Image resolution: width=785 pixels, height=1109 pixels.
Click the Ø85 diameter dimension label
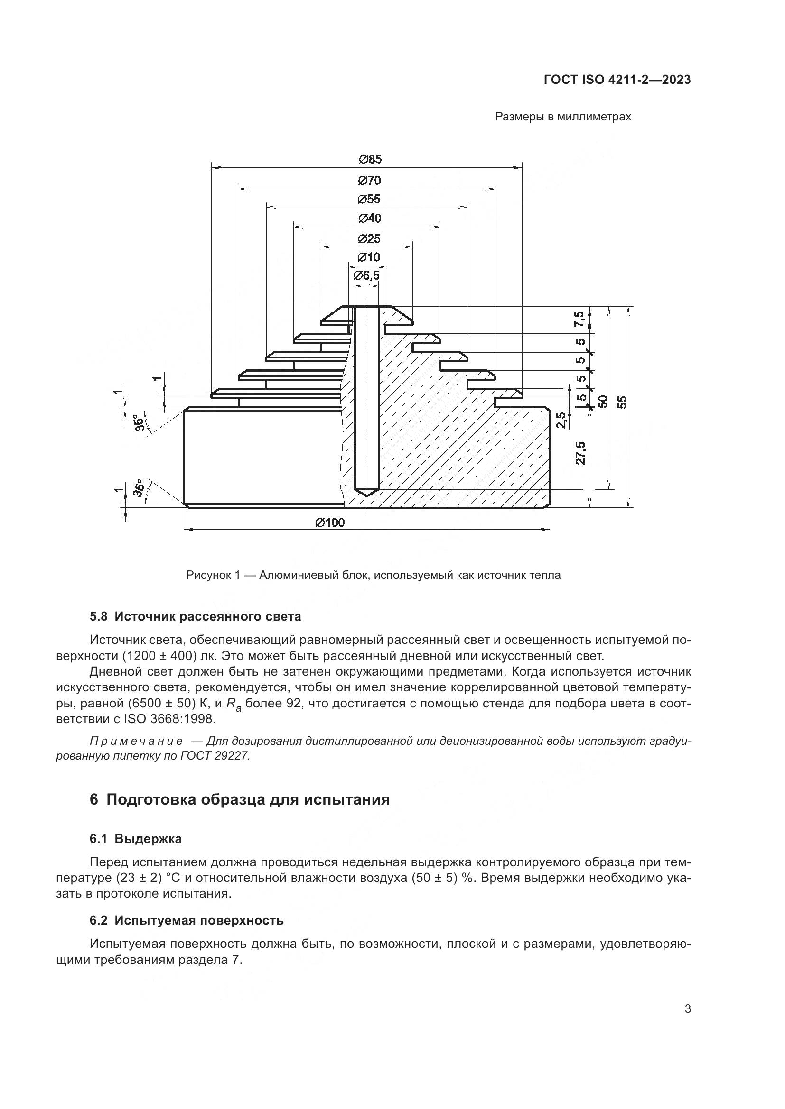(x=370, y=159)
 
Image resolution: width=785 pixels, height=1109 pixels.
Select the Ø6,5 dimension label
(x=366, y=276)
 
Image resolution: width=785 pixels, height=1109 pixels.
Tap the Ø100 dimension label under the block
(x=330, y=522)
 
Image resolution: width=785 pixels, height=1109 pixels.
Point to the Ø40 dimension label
(x=370, y=219)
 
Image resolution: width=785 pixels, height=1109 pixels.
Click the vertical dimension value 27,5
(x=581, y=453)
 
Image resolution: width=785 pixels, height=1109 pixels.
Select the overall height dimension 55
(x=623, y=402)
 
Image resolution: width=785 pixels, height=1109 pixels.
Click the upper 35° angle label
(x=139, y=422)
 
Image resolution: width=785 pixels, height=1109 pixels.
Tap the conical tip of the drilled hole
(x=366, y=493)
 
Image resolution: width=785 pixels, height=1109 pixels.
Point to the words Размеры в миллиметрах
(x=563, y=117)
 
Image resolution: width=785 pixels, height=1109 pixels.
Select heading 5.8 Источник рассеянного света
(x=195, y=617)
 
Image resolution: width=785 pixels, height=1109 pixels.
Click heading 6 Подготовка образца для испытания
(x=240, y=800)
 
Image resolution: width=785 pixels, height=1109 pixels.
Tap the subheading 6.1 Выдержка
(x=136, y=839)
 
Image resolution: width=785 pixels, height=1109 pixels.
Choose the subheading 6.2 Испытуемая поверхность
(x=187, y=921)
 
